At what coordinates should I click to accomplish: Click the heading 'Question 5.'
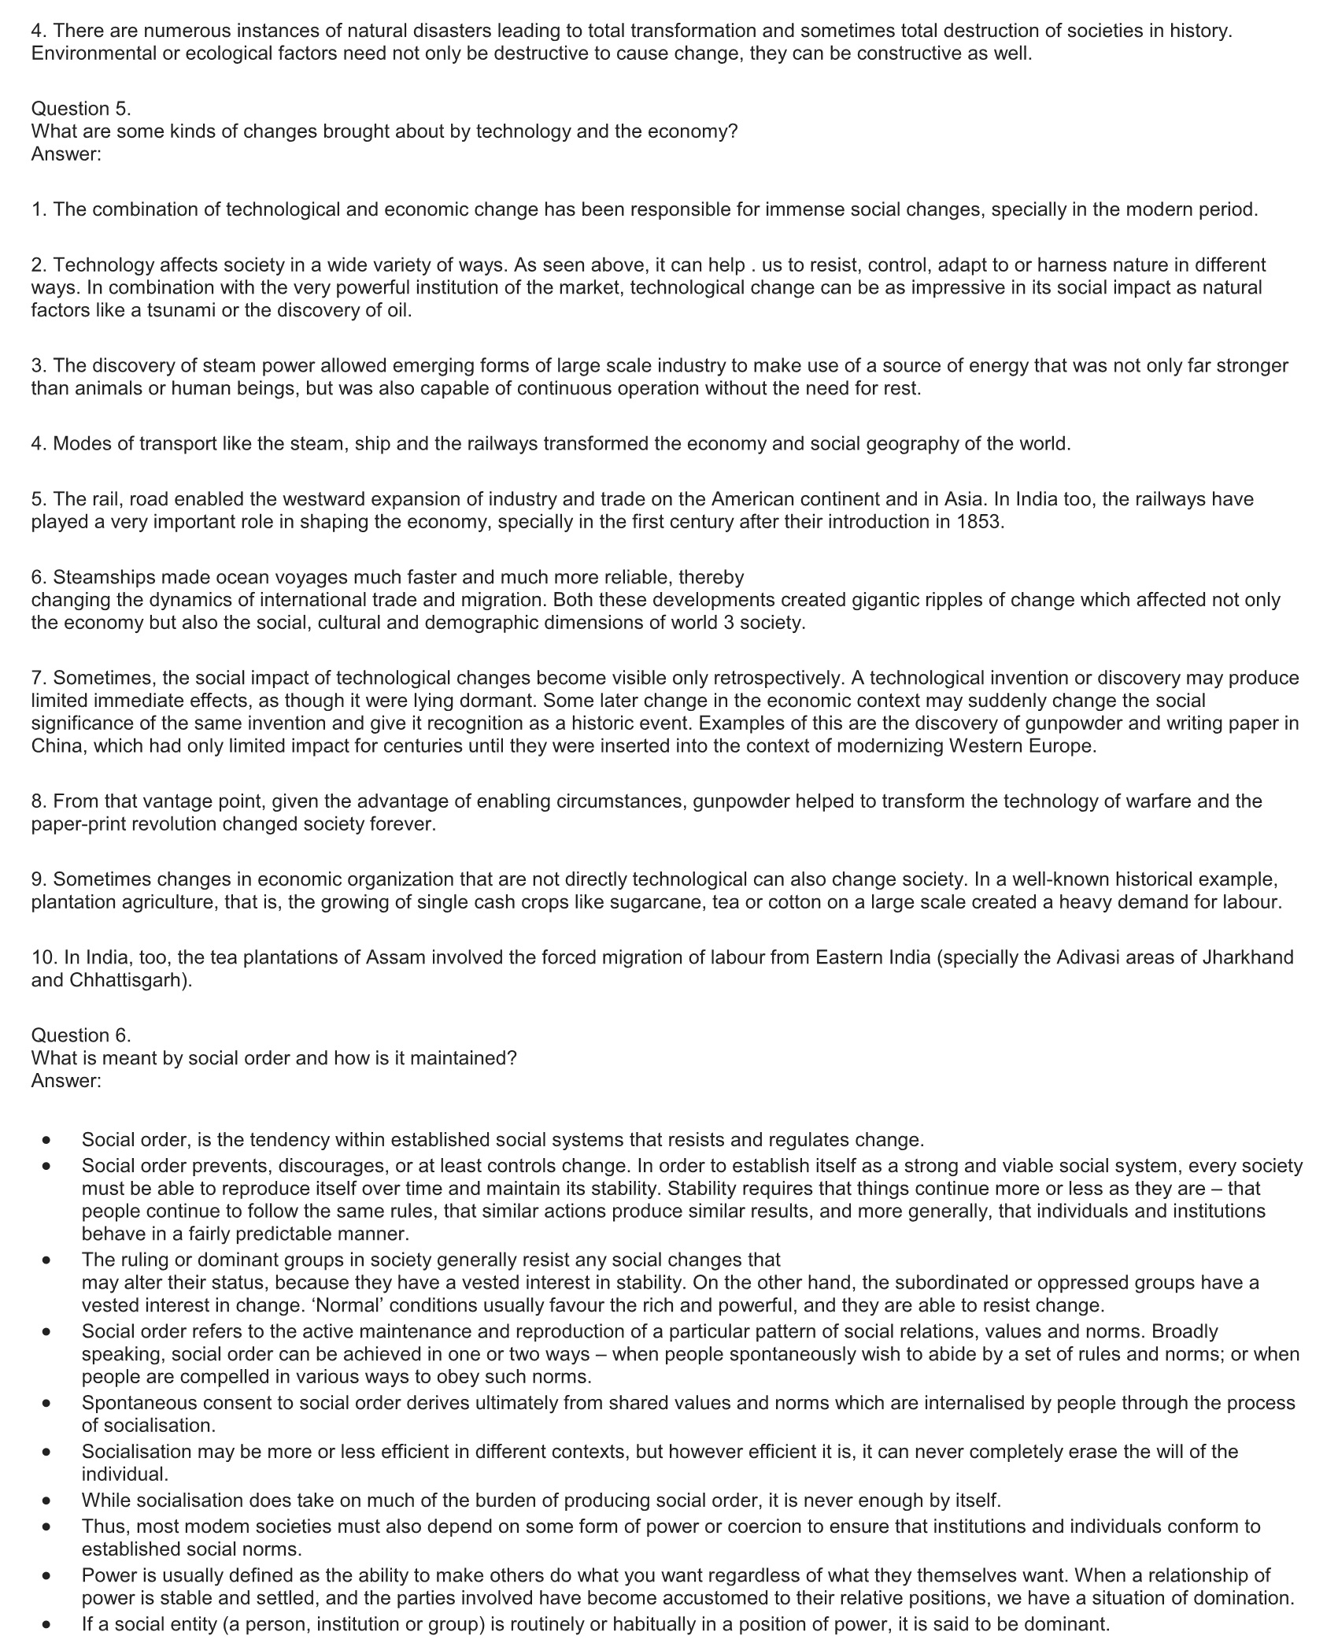(81, 109)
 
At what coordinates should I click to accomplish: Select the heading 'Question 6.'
(81, 1035)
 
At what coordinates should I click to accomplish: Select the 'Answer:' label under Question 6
(66, 1081)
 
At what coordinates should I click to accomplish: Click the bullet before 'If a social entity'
(48, 1624)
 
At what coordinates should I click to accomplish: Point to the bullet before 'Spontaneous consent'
(48, 1402)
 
